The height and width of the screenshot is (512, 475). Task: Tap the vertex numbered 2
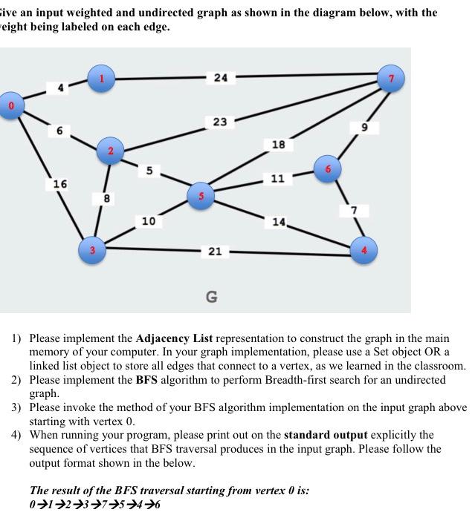(110, 152)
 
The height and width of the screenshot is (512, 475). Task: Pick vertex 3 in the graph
(93, 250)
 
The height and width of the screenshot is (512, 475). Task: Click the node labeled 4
(364, 250)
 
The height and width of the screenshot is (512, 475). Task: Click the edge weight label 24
(221, 78)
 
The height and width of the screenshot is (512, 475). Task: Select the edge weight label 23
(219, 122)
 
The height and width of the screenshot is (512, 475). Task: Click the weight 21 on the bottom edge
(214, 252)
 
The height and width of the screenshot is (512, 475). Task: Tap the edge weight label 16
(60, 183)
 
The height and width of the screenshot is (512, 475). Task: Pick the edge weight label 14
(278, 221)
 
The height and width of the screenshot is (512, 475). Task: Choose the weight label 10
(148, 221)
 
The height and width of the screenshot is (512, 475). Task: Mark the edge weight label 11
(277, 179)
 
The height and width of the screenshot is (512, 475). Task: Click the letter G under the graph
(211, 297)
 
